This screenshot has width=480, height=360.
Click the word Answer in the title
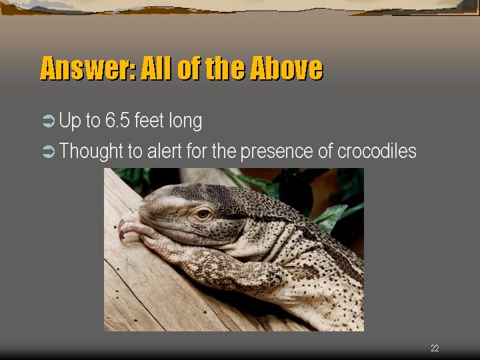tap(88, 68)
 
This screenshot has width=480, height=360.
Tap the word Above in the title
tap(286, 68)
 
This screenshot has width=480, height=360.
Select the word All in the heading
tap(156, 68)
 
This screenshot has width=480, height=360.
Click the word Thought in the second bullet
tap(91, 151)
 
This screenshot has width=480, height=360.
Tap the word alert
tap(165, 151)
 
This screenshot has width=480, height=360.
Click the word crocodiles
tap(377, 151)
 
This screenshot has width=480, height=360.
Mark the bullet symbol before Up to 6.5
tap(49, 121)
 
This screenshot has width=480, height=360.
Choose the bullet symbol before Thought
tap(49, 151)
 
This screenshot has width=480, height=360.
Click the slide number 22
tap(435, 348)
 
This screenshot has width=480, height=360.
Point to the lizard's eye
tap(203, 214)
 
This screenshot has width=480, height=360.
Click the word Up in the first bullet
tap(70, 121)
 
